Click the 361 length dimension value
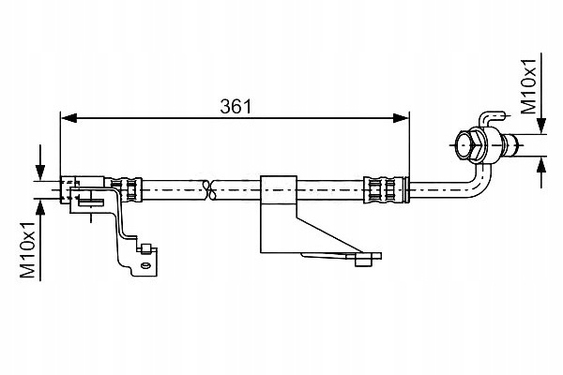(x=236, y=107)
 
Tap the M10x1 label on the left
(x=27, y=250)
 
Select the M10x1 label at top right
(x=528, y=86)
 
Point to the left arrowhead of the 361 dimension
(x=68, y=118)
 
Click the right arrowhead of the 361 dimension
(x=401, y=118)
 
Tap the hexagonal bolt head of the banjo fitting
(x=470, y=144)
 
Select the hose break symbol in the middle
(x=209, y=189)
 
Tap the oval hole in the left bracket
(x=145, y=266)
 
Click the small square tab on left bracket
(x=145, y=249)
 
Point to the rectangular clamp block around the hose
(x=279, y=190)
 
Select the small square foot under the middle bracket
(x=362, y=262)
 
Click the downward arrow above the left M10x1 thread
(x=40, y=162)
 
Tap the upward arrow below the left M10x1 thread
(x=40, y=239)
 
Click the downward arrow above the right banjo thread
(x=542, y=94)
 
